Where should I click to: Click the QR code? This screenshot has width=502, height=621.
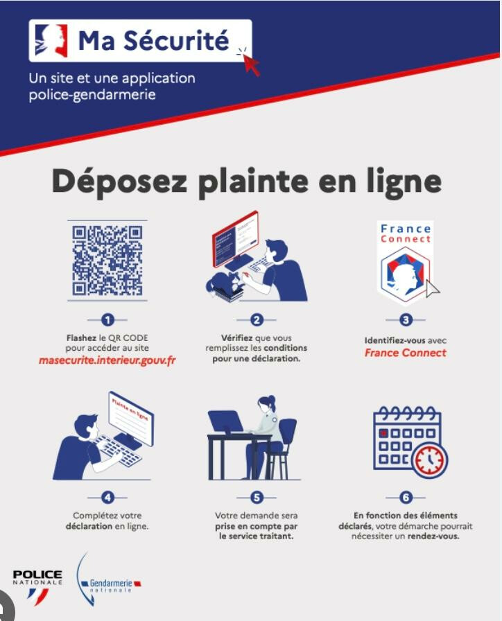coord(107,260)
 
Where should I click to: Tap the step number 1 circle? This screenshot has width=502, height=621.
coord(107,320)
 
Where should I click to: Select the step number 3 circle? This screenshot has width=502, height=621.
coord(406,320)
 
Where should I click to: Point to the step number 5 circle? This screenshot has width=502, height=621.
coord(257,497)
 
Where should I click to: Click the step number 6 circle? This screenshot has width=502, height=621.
coord(406,497)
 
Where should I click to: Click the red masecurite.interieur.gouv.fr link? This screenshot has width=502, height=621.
coord(107,361)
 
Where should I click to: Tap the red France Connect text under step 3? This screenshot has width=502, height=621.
coord(406,353)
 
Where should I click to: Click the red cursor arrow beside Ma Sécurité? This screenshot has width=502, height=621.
coord(250,62)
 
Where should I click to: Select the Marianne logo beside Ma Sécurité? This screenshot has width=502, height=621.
coord(51,40)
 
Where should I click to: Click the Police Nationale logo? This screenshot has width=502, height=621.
coord(37,586)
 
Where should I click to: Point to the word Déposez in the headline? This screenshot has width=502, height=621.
coord(119,182)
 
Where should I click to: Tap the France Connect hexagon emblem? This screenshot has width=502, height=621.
coord(405,272)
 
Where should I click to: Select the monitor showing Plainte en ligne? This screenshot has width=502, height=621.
coord(131,421)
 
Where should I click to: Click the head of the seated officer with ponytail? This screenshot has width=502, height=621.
coord(266,404)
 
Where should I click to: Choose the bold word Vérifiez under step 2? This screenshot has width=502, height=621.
coord(236,338)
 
